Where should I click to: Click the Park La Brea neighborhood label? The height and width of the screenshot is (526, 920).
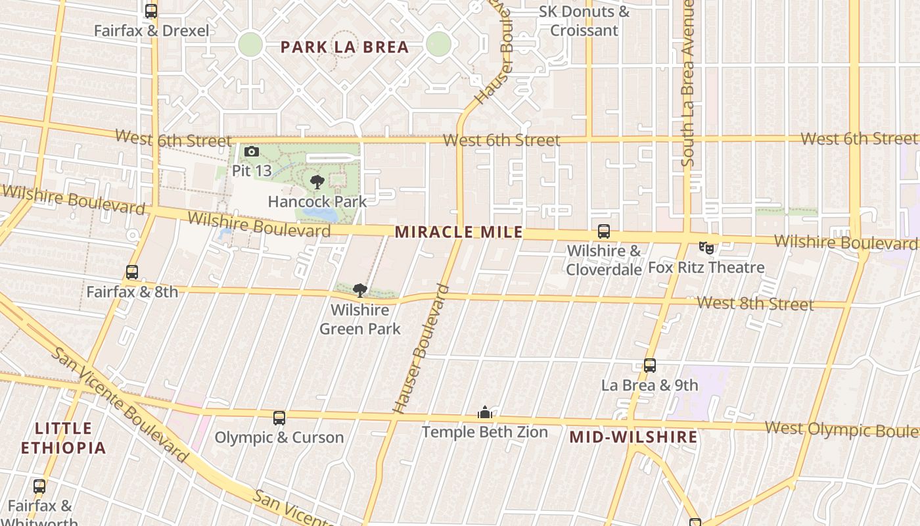tap(344, 47)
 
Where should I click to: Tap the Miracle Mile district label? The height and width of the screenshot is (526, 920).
tap(459, 232)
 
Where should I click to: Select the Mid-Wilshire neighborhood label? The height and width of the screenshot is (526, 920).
tap(633, 437)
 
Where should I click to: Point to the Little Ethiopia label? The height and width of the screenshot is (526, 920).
tap(63, 439)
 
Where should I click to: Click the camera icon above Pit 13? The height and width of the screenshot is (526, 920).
tap(251, 153)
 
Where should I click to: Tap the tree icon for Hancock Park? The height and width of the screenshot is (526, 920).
tap(317, 182)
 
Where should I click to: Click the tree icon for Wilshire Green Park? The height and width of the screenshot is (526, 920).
tap(359, 290)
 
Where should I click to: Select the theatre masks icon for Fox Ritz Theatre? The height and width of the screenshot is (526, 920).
tap(706, 248)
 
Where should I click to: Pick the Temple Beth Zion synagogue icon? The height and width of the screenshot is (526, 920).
tap(485, 413)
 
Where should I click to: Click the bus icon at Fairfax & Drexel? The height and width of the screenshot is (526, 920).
tap(151, 11)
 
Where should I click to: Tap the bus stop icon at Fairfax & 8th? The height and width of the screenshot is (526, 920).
tap(132, 272)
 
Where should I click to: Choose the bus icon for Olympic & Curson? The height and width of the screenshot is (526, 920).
tap(279, 418)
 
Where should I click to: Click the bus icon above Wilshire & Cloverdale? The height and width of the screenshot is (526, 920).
tap(603, 231)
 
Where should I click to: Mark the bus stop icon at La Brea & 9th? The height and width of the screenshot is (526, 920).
tap(650, 366)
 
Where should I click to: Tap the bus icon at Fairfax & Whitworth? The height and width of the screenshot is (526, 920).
tap(39, 487)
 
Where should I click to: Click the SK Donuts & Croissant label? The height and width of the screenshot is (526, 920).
tap(584, 21)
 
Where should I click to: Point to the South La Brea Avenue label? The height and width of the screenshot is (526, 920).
tap(688, 82)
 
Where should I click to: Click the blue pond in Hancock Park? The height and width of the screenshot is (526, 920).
tap(327, 214)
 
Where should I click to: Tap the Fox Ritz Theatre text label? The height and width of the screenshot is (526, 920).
tap(706, 268)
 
